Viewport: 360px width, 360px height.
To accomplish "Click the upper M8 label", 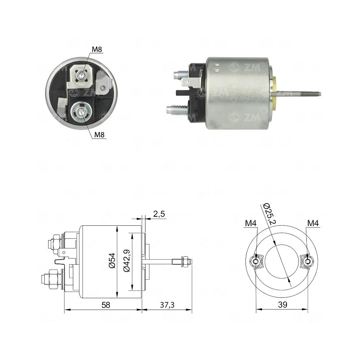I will (x=96, y=49).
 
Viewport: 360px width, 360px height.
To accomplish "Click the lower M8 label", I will (x=100, y=135).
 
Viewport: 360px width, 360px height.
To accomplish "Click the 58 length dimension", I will (x=105, y=305).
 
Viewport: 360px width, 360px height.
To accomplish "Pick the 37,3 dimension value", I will (x=167, y=305).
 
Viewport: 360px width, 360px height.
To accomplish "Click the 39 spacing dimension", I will (x=283, y=305).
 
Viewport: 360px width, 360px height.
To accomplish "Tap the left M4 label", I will (x=251, y=224).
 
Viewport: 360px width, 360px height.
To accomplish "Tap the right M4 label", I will (x=313, y=224).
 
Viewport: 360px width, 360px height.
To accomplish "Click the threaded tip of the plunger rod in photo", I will (x=313, y=94).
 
